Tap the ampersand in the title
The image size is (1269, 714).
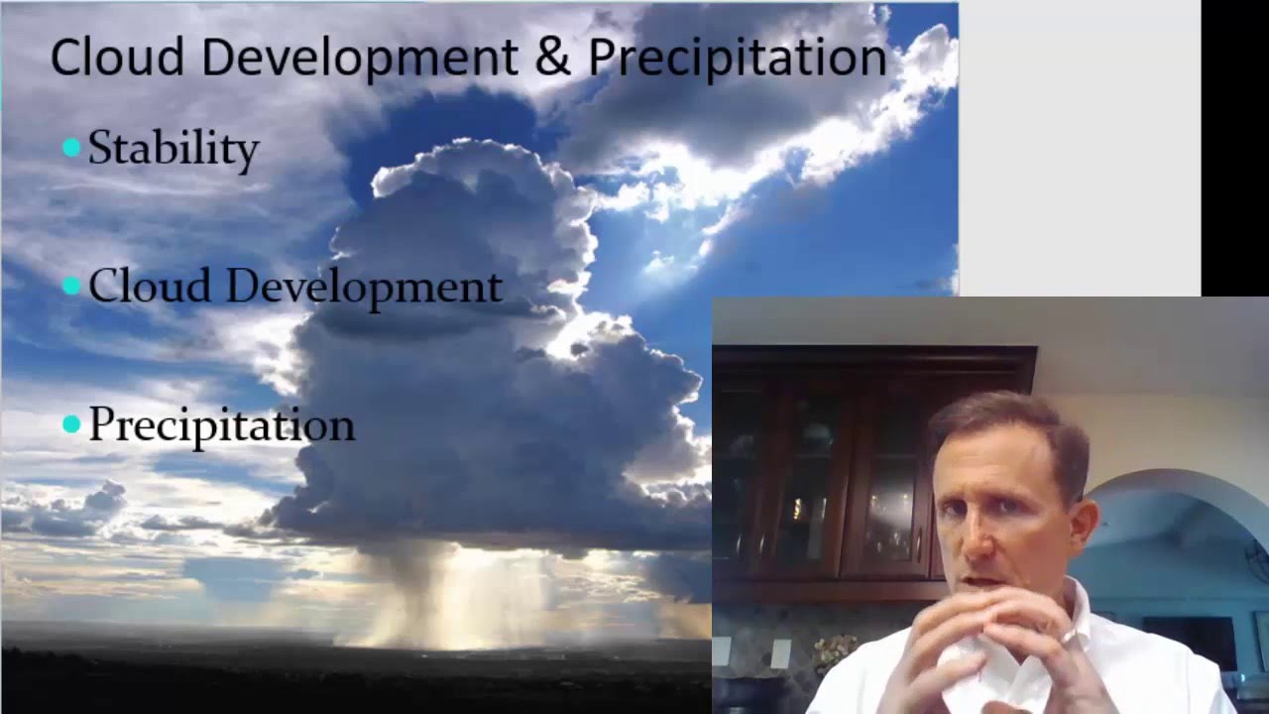553,57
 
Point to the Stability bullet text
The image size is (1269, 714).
173,149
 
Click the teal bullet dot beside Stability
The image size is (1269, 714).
71,148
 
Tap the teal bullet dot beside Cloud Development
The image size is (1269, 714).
71,286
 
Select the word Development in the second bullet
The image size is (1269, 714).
364,288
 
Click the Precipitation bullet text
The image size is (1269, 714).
221,425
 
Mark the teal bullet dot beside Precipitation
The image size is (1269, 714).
71,424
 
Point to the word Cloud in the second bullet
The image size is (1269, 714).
149,287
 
